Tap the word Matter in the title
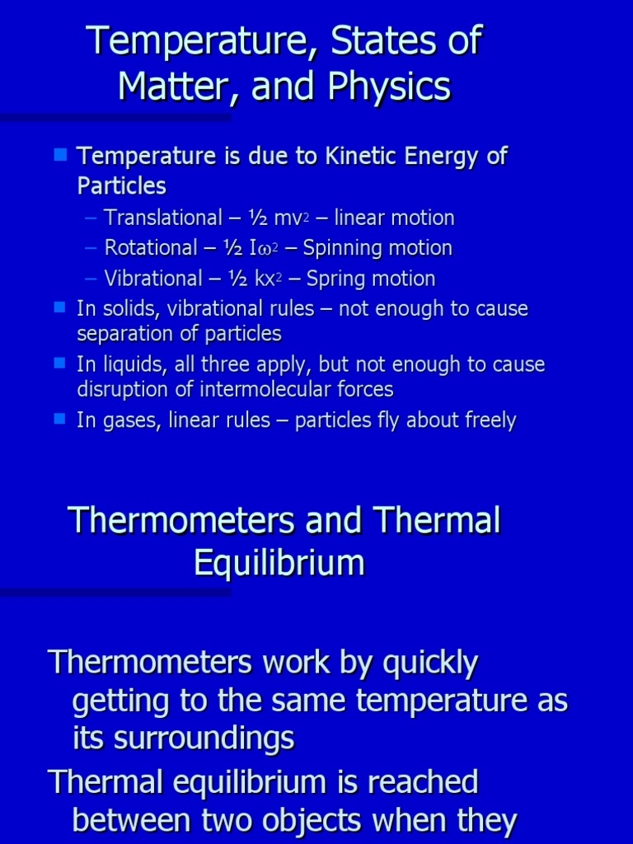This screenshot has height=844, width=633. (165, 86)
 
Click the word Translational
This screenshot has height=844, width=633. (163, 218)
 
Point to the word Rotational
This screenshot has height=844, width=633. (151, 248)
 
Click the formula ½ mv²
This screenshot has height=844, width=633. (255, 218)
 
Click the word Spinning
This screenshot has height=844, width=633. (342, 248)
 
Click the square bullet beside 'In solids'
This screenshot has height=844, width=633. (59, 307)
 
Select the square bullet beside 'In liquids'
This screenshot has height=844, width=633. (59, 363)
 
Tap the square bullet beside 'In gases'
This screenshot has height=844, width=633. (59, 419)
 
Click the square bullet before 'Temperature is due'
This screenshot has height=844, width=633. (59, 154)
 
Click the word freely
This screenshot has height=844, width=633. (487, 420)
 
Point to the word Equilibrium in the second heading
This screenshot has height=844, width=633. (279, 563)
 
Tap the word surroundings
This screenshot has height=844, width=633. (204, 738)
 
